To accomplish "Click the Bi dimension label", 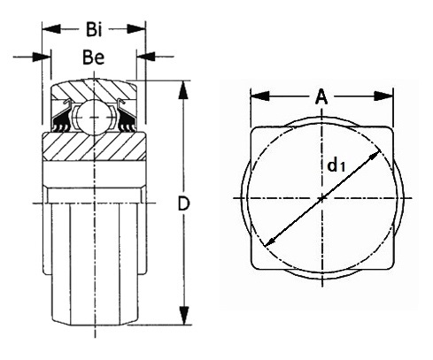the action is [x=94, y=29].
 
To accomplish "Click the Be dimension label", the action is [x=94, y=57].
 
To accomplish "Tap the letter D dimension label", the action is [x=183, y=203].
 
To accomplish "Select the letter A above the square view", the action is [x=321, y=96].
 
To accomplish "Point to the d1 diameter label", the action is [x=336, y=165].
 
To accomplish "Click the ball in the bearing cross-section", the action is [x=94, y=118].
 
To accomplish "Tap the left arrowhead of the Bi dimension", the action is [x=51, y=29].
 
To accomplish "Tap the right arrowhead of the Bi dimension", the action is [x=136, y=29].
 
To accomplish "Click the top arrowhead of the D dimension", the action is [x=183, y=89].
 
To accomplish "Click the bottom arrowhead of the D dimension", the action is [x=184, y=316].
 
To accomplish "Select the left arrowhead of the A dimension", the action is [x=259, y=96].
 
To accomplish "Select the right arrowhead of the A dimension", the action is [x=383, y=96].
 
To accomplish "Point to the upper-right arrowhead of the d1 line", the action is [x=374, y=156].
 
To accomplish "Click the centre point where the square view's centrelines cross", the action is [x=321, y=198].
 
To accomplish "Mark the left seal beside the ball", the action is [x=63, y=116].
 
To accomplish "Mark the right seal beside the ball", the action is [x=127, y=116].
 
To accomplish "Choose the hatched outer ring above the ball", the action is [x=95, y=89].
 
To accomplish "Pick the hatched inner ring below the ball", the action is [x=95, y=147].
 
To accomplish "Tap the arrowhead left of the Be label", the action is [x=42, y=57].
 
